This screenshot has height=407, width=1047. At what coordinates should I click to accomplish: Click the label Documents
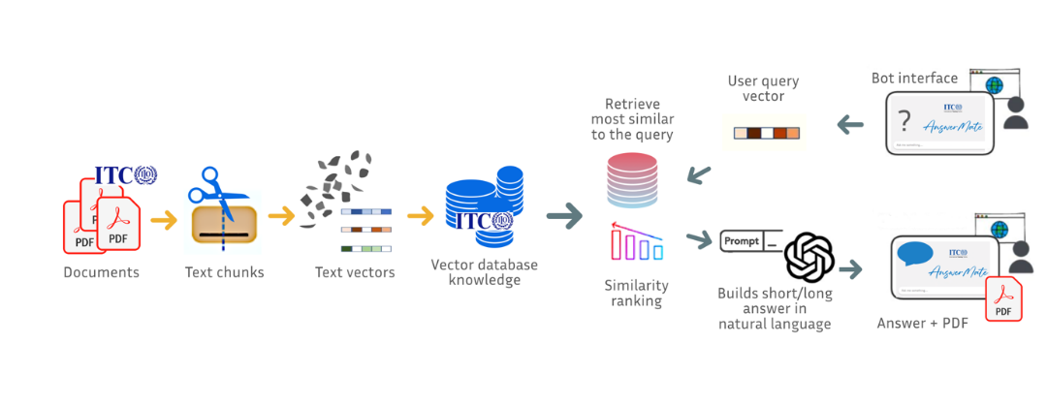pyautogui.click(x=101, y=272)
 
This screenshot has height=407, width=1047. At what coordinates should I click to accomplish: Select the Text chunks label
pyautogui.click(x=224, y=272)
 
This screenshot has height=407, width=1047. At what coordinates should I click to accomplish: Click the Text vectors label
pyautogui.click(x=355, y=272)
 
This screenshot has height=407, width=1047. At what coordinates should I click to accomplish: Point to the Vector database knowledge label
pyautogui.click(x=484, y=272)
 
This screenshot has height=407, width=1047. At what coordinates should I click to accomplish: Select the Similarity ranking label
pyautogui.click(x=636, y=293)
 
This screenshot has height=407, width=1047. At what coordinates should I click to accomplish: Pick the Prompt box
pyautogui.click(x=743, y=239)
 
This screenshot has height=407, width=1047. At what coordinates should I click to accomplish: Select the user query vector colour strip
pyautogui.click(x=764, y=132)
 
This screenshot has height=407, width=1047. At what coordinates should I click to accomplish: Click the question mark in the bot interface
pyautogui.click(x=904, y=121)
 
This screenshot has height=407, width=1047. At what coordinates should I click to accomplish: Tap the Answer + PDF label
pyautogui.click(x=920, y=323)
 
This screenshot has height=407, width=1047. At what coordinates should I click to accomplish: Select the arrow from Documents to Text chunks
pyautogui.click(x=164, y=220)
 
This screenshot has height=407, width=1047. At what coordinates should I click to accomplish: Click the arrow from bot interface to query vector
pyautogui.click(x=850, y=124)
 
